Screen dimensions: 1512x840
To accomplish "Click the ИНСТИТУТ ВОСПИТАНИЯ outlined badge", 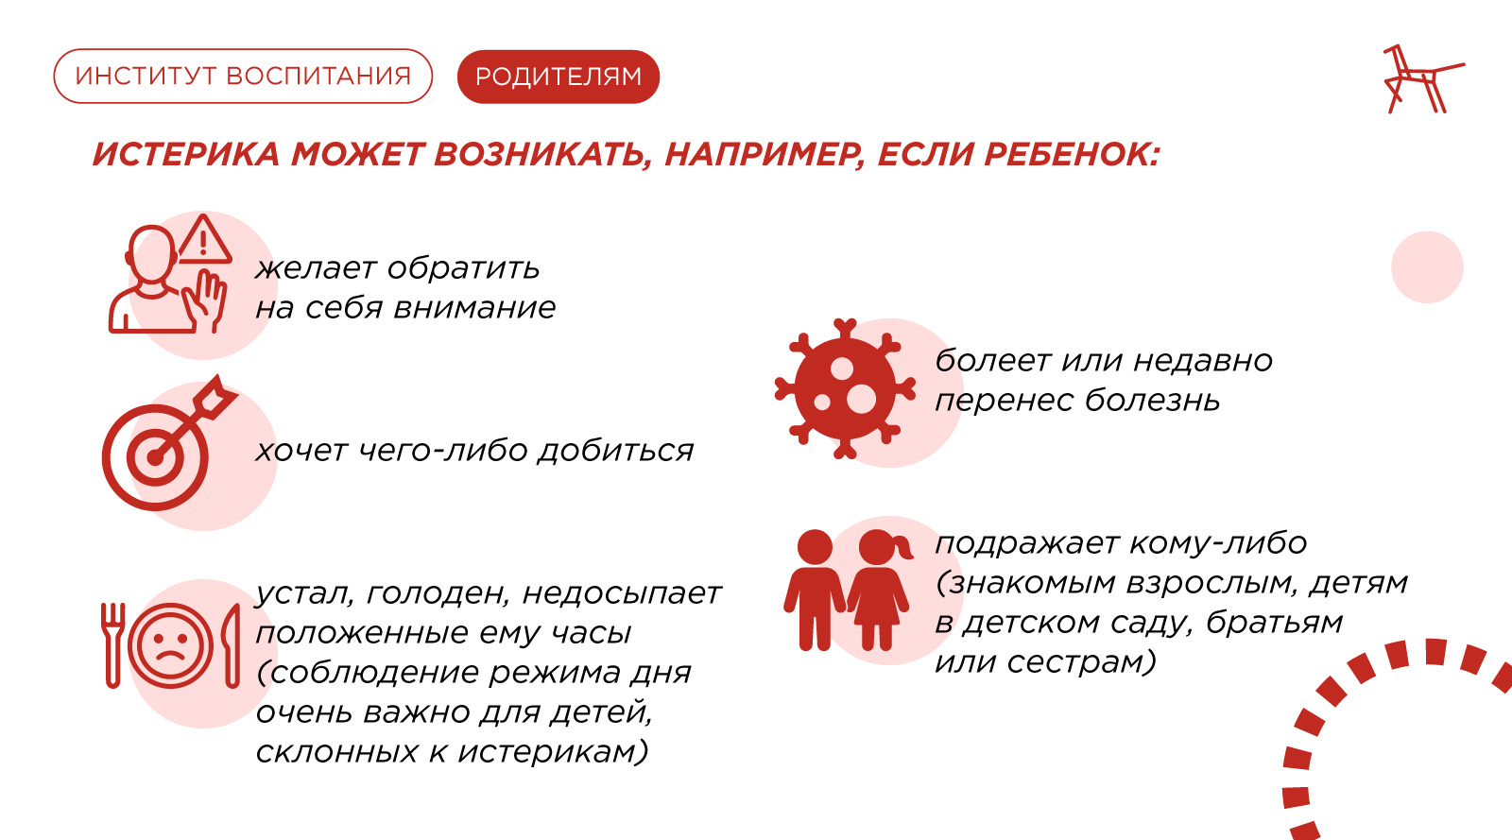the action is tap(243, 76).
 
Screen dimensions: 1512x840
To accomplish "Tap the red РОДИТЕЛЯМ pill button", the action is tap(558, 77).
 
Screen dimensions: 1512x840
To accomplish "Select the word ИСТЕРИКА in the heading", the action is tap(185, 154).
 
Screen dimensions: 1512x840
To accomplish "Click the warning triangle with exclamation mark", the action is tap(203, 240).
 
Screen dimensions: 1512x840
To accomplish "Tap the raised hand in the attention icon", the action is tap(207, 300).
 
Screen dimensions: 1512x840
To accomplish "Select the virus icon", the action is tap(845, 389).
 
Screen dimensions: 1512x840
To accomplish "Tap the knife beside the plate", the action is tap(231, 645).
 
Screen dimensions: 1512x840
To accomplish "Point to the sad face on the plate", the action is tap(171, 645).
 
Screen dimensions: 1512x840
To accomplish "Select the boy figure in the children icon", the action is tap(815, 590).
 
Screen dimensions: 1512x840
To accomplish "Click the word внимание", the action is tap(474, 308).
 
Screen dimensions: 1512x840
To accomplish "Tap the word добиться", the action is tap(615, 451).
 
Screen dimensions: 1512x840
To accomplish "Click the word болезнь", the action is tap(1152, 400).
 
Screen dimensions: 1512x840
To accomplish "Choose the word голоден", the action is tap(439, 594).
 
